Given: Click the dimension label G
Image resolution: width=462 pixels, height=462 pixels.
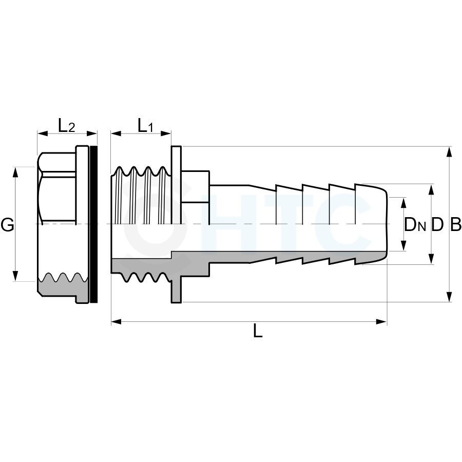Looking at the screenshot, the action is (x=7, y=225).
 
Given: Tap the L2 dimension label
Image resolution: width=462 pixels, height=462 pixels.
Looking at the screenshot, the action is (x=67, y=125).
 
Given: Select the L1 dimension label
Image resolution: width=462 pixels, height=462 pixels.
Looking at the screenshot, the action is (x=146, y=125).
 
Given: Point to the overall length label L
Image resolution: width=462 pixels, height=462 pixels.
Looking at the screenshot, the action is (x=258, y=331).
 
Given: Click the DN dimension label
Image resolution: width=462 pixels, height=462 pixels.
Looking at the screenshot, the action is (x=415, y=225).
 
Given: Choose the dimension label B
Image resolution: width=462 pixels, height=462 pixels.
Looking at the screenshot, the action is (x=455, y=225).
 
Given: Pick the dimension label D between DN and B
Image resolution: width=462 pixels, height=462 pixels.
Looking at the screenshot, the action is (x=437, y=225).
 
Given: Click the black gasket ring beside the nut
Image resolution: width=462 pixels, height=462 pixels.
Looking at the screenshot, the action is (x=94, y=224).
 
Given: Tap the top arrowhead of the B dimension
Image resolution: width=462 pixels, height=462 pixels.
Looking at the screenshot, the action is (x=449, y=151).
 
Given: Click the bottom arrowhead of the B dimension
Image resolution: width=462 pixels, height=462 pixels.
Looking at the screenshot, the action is (x=449, y=297).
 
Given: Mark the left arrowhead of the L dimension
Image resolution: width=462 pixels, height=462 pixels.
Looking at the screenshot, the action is (x=117, y=321).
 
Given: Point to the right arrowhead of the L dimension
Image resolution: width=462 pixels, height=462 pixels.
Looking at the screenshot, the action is (x=381, y=321).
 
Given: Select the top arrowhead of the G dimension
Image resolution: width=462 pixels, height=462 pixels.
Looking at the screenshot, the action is (x=15, y=172).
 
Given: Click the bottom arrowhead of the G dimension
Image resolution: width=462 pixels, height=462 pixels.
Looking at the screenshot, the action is (x=15, y=276).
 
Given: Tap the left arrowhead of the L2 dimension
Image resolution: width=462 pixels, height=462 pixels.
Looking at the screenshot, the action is (x=43, y=133).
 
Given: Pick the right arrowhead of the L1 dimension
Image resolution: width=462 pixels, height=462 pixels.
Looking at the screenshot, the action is (x=166, y=133).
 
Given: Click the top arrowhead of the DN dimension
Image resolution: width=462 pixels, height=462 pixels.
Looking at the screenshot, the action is (x=403, y=203).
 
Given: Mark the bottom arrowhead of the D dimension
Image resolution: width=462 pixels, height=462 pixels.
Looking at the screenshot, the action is (x=431, y=259).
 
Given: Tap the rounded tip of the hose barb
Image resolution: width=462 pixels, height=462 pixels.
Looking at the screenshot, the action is (x=386, y=224).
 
